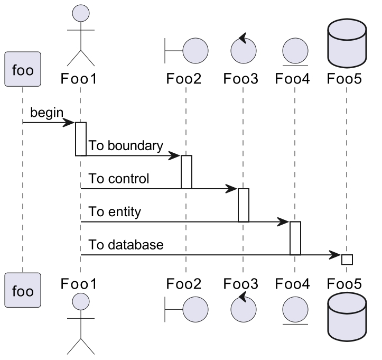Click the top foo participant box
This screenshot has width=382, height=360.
(23, 69)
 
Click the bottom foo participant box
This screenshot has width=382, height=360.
(23, 290)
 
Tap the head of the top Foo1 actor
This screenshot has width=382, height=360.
(80, 13)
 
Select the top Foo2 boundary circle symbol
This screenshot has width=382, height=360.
(195, 50)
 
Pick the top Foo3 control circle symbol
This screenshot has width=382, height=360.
(244, 50)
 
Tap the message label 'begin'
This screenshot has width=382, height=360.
(46, 113)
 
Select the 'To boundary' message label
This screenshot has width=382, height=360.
(126, 145)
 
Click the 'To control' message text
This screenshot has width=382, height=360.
(119, 179)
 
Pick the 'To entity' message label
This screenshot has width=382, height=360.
(115, 212)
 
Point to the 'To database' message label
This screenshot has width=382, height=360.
(126, 245)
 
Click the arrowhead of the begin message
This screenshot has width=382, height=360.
(69, 123)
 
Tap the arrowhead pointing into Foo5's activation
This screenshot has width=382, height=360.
(336, 255)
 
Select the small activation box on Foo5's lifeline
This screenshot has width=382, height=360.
(347, 259)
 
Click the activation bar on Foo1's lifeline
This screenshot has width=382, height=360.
(80, 139)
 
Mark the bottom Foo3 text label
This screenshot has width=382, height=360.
(240, 284)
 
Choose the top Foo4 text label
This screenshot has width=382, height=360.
(293, 80)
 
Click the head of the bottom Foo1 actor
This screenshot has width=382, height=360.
(80, 302)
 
